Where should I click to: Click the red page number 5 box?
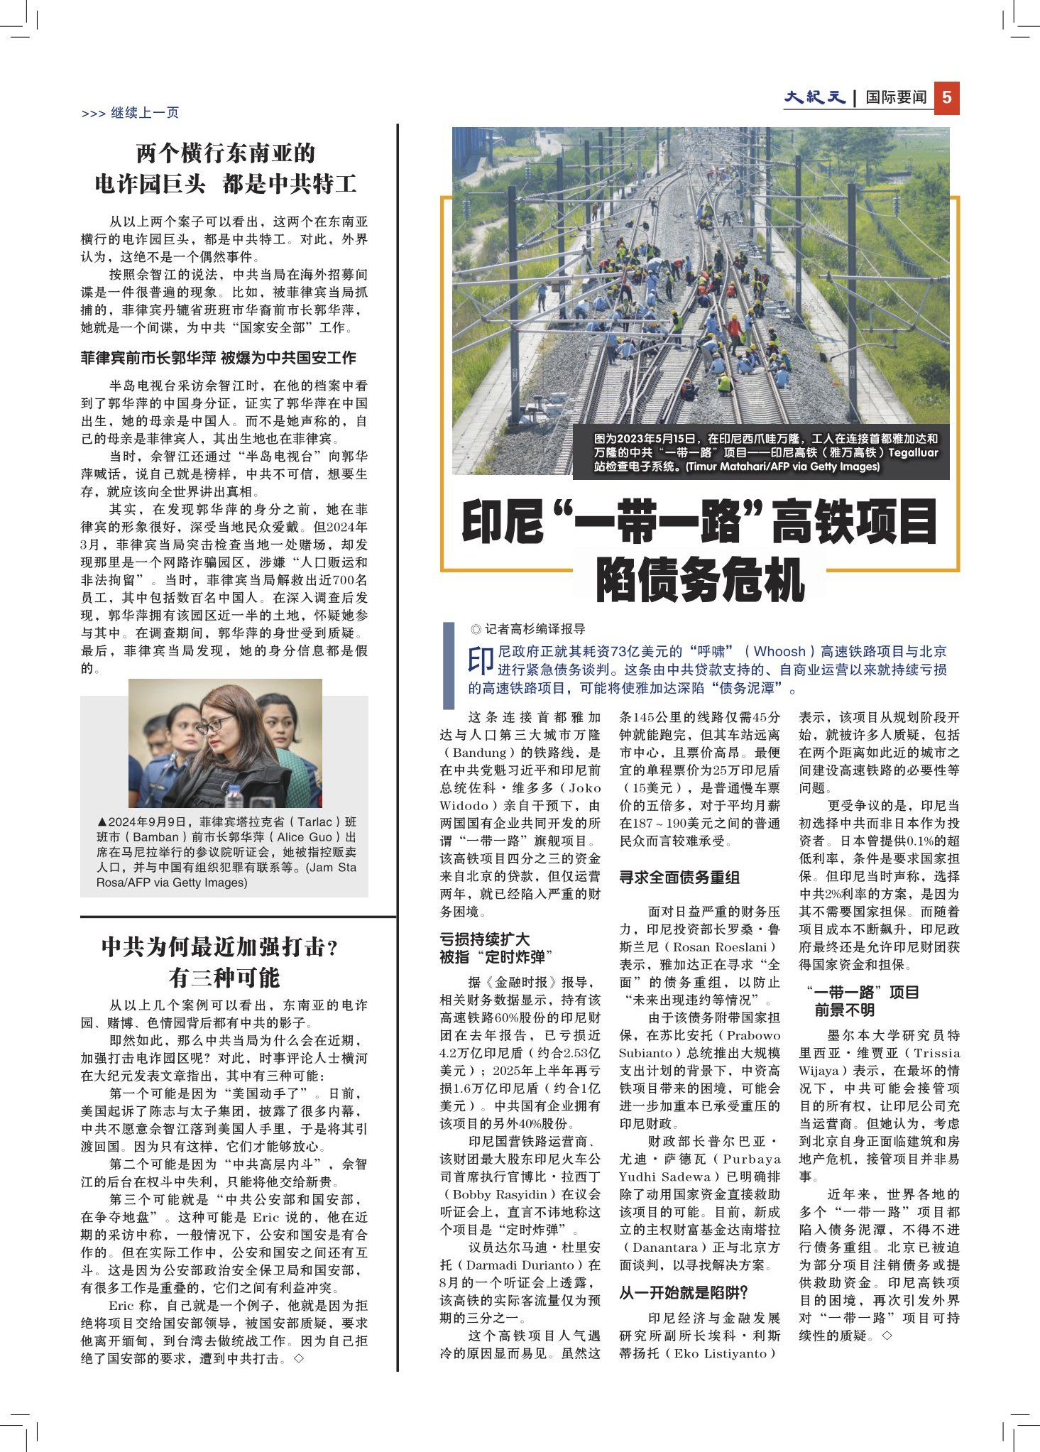click(946, 98)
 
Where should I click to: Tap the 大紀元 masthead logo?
click(814, 97)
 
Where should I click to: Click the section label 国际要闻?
click(896, 98)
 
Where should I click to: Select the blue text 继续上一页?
click(145, 113)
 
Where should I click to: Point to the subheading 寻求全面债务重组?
click(679, 878)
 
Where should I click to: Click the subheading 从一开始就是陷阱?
click(684, 1293)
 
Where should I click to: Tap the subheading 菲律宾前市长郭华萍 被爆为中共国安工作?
click(218, 358)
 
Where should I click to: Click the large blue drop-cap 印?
click(481, 661)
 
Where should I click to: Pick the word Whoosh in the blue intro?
click(779, 652)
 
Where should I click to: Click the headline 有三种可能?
click(224, 978)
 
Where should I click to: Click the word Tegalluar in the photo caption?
click(913, 453)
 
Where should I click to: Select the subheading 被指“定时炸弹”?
click(496, 957)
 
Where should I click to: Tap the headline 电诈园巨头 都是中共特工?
click(225, 185)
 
